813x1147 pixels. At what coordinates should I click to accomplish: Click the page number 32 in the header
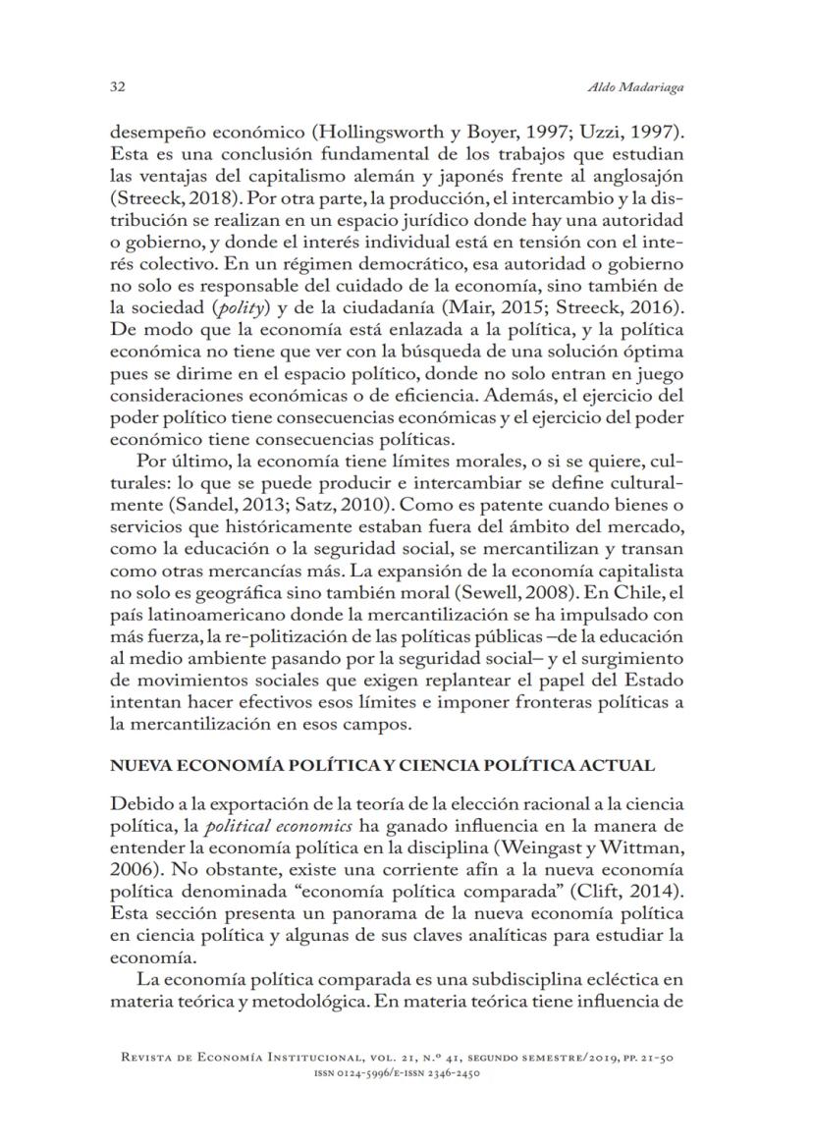[115, 86]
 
